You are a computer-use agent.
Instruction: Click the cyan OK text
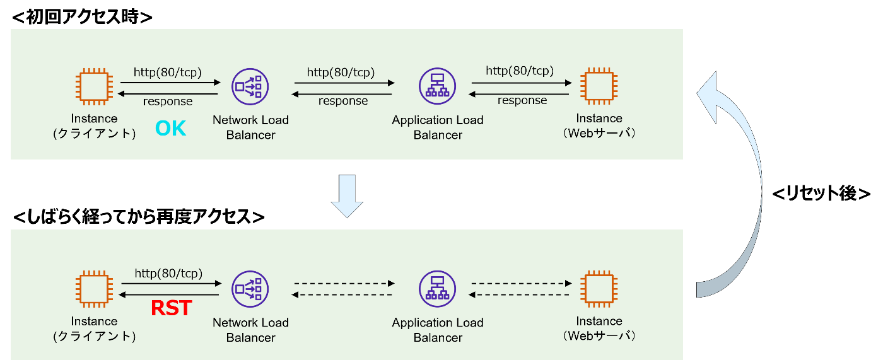170,129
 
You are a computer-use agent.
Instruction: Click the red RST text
172,308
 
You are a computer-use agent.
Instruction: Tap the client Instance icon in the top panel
95,86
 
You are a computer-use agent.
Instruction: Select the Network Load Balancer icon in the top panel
250,87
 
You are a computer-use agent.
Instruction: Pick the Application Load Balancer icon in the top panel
437,87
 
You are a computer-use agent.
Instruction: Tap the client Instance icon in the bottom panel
95,289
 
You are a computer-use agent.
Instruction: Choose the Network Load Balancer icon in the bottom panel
250,289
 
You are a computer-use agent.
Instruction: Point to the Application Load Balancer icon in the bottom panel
437,289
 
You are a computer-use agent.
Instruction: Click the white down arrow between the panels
347,196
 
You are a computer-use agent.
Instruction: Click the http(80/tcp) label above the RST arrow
168,274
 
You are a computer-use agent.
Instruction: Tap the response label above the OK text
168,102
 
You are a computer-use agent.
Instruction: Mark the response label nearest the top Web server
522,101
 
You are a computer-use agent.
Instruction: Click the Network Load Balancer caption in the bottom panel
250,330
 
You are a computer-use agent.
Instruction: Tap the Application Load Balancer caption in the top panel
438,127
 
